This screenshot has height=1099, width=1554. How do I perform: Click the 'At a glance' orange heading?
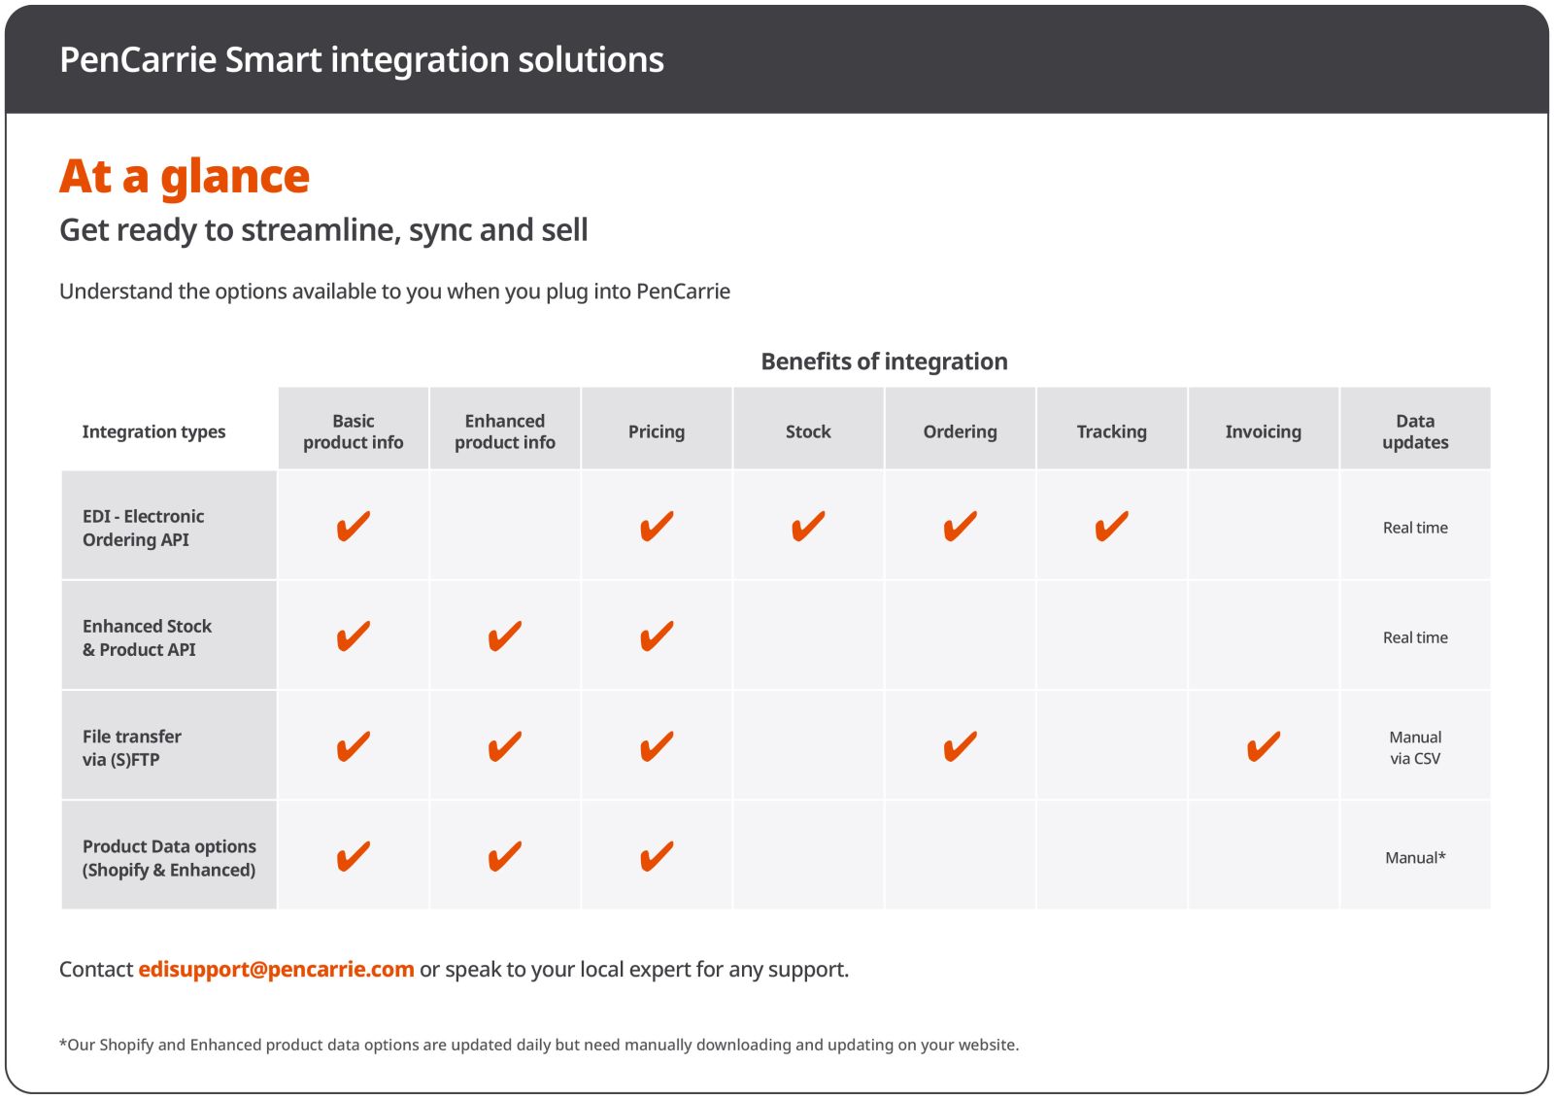click(185, 177)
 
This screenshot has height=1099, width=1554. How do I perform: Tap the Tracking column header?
click(1111, 431)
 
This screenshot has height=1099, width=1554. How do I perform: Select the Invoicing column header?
click(1263, 431)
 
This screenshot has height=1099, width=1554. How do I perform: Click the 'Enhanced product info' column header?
click(505, 431)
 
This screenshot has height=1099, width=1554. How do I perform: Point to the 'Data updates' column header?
click(1415, 431)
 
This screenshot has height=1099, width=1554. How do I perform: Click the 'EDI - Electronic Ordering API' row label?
click(144, 528)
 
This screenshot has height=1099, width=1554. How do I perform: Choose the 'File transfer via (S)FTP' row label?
click(132, 747)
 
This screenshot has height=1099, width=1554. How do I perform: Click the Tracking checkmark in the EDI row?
click(1111, 526)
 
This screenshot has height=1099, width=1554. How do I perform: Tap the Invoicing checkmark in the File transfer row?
click(1263, 746)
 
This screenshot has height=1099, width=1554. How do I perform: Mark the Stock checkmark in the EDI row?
click(808, 526)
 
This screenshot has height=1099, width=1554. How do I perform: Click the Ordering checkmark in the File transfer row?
click(960, 746)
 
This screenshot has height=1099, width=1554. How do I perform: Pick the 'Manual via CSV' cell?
click(1415, 747)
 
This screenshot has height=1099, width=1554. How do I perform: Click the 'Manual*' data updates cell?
click(1415, 857)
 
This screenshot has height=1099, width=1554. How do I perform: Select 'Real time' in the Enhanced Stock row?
click(1415, 637)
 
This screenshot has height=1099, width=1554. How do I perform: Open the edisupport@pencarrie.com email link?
click(276, 969)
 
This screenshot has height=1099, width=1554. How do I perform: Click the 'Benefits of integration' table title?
click(884, 361)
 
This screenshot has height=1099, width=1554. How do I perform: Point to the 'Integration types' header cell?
click(153, 431)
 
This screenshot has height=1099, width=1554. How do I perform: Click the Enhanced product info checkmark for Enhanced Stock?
click(505, 636)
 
